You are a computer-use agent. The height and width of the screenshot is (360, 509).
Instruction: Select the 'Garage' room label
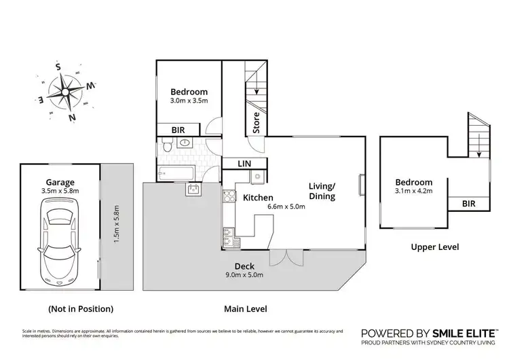click(x=60, y=182)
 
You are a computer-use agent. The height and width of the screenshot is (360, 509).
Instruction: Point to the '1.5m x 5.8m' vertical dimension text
click(x=116, y=226)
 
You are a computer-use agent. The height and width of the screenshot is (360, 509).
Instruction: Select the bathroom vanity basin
click(x=192, y=190)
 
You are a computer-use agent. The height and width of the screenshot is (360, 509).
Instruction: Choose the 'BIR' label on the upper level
click(x=469, y=203)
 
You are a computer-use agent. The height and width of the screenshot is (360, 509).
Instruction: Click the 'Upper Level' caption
click(x=434, y=247)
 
